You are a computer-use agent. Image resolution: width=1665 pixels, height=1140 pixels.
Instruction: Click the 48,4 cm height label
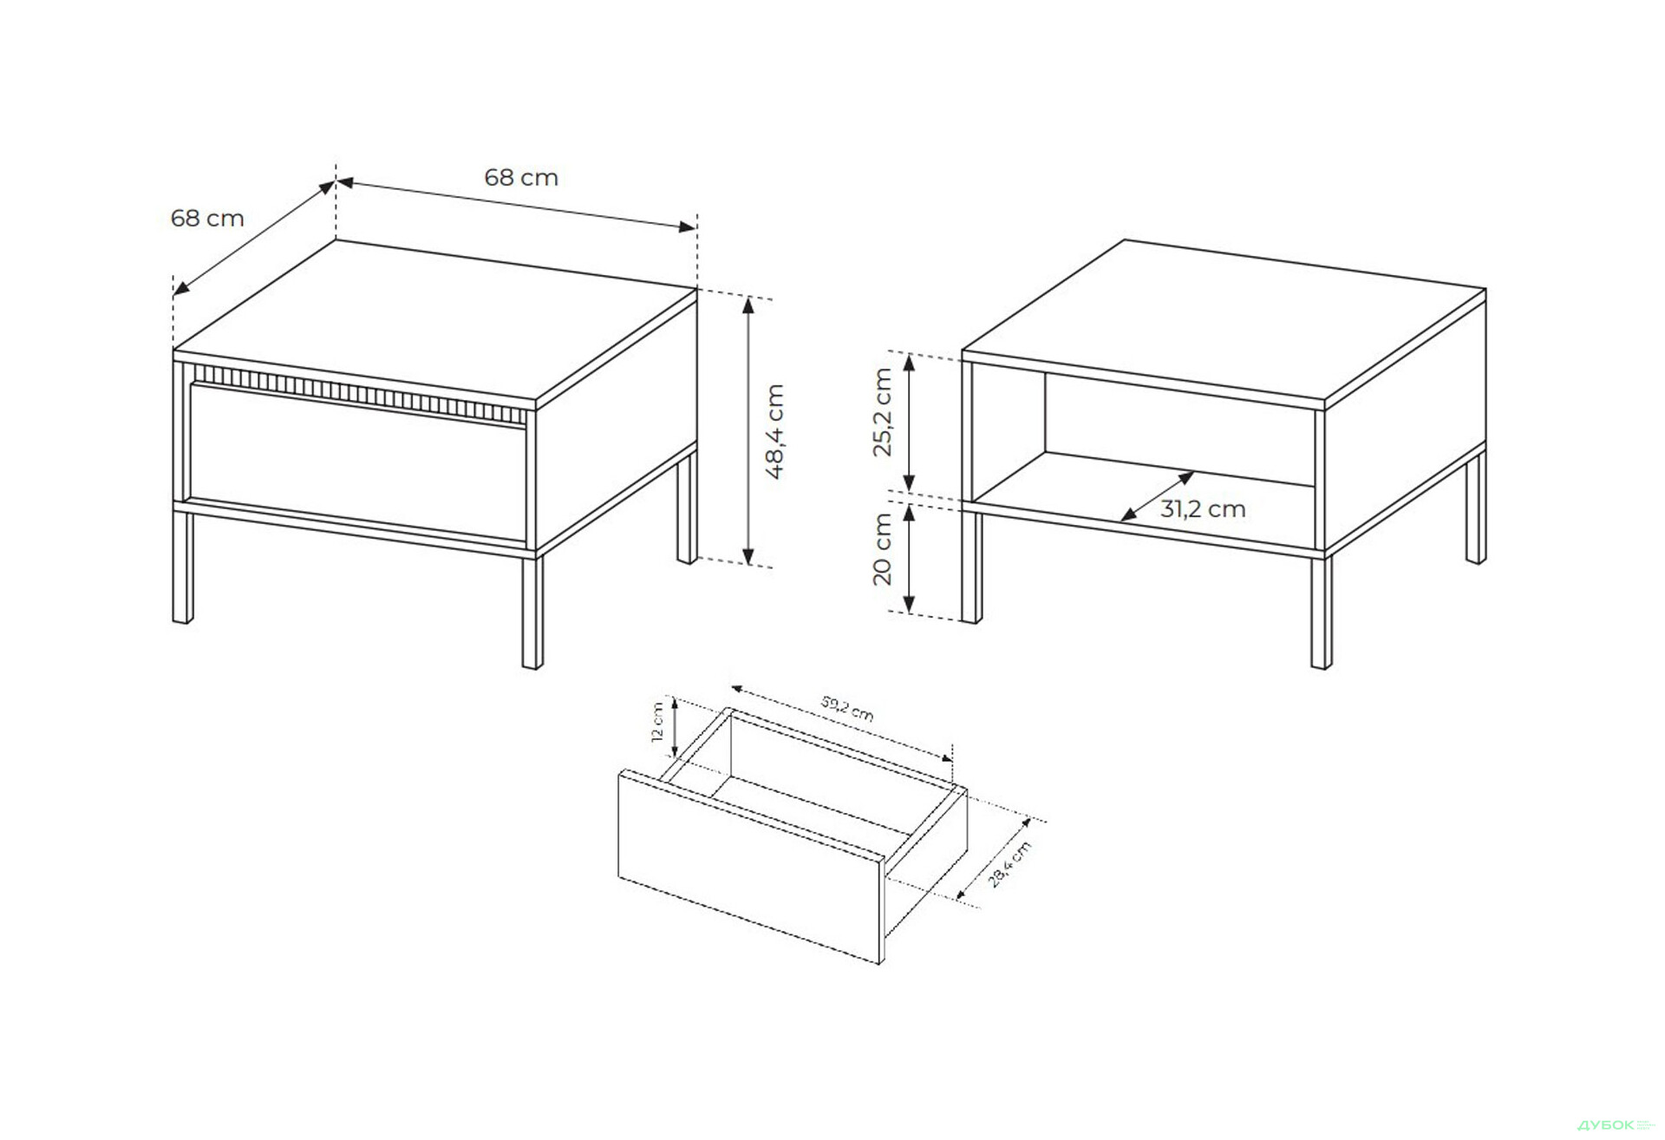(x=774, y=431)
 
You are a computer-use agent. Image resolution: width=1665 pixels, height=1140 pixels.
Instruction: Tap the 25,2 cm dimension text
(x=882, y=412)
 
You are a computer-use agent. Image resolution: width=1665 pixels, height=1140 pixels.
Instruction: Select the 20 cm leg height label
(x=882, y=549)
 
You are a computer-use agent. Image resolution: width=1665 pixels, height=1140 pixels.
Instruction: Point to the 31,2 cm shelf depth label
(x=1203, y=509)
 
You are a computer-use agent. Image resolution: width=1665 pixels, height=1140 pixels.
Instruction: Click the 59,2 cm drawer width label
(x=847, y=709)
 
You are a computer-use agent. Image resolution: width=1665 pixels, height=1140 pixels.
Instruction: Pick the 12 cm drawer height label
(x=657, y=723)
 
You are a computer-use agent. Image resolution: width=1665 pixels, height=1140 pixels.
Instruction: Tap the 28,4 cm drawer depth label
(x=1010, y=864)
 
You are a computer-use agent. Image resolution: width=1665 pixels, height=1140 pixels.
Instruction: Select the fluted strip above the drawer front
(x=359, y=395)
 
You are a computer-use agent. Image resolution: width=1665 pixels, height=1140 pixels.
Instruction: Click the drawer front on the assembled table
(x=358, y=462)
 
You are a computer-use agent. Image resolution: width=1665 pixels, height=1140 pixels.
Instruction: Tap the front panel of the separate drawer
(x=751, y=866)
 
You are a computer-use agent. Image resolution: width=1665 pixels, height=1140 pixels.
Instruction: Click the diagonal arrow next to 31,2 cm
(x=1157, y=497)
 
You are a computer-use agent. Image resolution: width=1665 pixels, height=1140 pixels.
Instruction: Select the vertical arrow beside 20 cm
(x=909, y=559)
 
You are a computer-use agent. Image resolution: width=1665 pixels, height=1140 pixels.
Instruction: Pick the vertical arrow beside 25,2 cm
(x=909, y=423)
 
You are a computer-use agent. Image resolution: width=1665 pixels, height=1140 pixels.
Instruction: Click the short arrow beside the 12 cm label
(x=675, y=727)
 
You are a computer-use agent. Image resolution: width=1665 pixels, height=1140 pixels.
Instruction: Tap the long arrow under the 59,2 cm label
(x=843, y=724)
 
